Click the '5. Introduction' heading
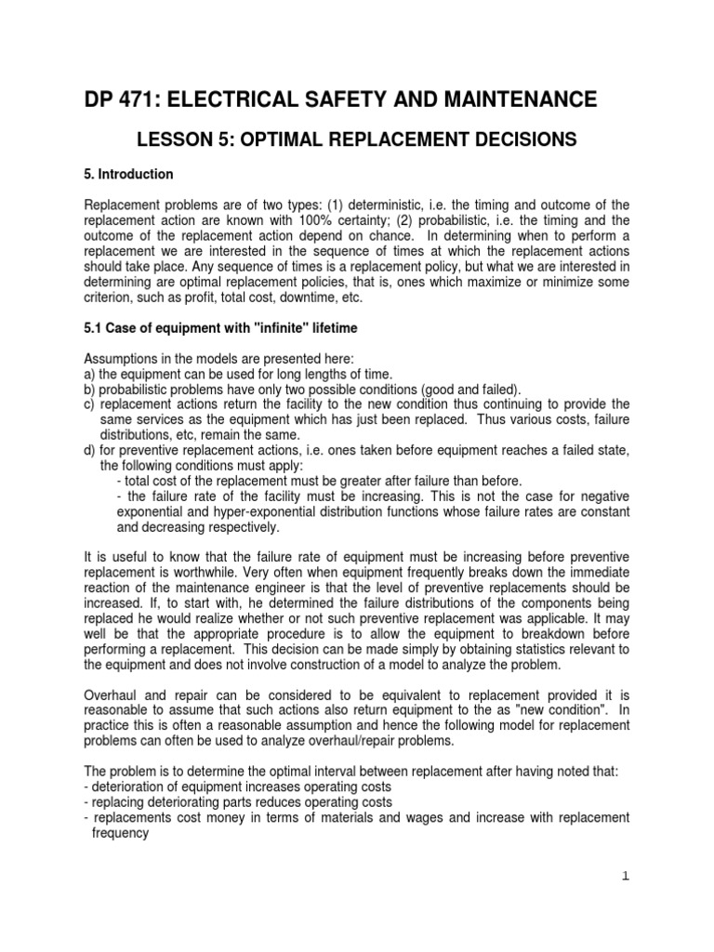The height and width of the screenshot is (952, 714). coord(128,174)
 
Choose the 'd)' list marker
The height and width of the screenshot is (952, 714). coord(90,451)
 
